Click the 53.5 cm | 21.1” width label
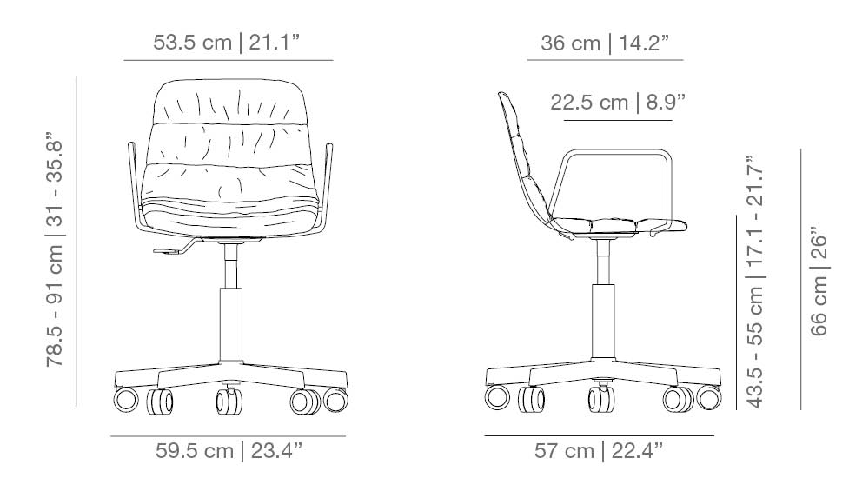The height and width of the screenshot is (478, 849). [226, 43]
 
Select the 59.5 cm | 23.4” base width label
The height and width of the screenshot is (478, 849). [229, 450]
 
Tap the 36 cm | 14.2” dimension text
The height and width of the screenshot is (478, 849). [605, 43]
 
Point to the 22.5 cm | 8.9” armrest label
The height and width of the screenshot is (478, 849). [618, 103]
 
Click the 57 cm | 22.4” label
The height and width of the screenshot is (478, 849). [599, 450]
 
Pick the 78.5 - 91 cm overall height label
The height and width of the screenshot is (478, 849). [56, 249]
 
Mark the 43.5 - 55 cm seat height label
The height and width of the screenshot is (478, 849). [754, 282]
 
